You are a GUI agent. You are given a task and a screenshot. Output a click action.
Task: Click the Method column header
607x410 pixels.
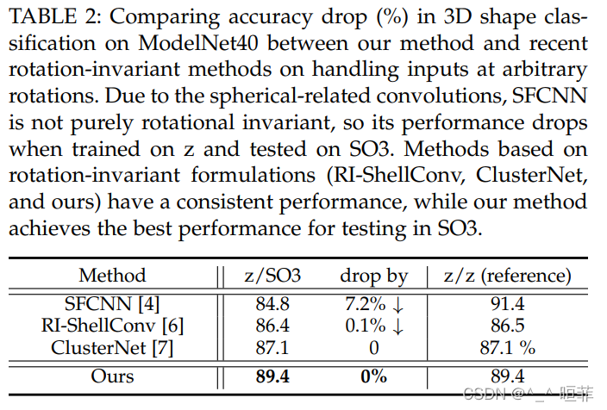112,276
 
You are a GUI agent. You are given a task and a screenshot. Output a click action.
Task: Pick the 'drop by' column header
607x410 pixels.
373,276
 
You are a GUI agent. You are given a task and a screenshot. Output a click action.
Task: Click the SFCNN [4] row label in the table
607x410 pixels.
112,303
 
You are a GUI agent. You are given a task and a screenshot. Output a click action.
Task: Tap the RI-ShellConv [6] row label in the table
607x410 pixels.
112,325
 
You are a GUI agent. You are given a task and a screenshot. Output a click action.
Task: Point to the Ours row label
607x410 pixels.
112,376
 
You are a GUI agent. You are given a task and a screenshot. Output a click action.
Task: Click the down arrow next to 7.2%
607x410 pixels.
399,304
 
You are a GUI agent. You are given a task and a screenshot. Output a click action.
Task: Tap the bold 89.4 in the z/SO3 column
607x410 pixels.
272,376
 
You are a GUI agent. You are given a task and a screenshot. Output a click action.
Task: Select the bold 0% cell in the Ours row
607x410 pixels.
373,376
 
